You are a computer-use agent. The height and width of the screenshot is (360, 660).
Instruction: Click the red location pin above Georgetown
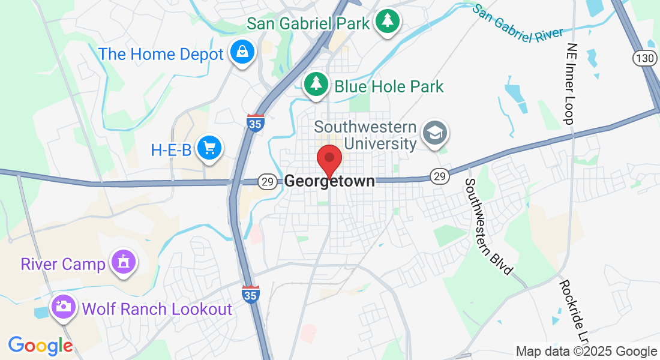(x=329, y=158)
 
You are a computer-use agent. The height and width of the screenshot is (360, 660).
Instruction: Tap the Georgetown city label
(x=329, y=181)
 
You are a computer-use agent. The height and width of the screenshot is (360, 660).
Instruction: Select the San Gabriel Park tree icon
(x=388, y=22)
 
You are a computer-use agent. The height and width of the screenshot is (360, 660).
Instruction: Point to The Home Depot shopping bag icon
(x=242, y=53)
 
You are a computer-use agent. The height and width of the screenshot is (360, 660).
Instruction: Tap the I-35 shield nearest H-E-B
(x=255, y=122)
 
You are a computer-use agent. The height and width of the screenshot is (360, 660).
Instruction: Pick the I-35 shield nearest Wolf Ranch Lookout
(x=251, y=295)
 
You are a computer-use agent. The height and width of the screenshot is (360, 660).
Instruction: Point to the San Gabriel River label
(x=518, y=24)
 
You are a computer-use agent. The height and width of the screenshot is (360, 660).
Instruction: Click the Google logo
(x=40, y=346)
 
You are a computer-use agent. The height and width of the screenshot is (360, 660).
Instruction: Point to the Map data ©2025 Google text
(x=586, y=352)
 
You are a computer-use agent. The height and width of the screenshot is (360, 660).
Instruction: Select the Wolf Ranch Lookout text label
(x=157, y=309)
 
